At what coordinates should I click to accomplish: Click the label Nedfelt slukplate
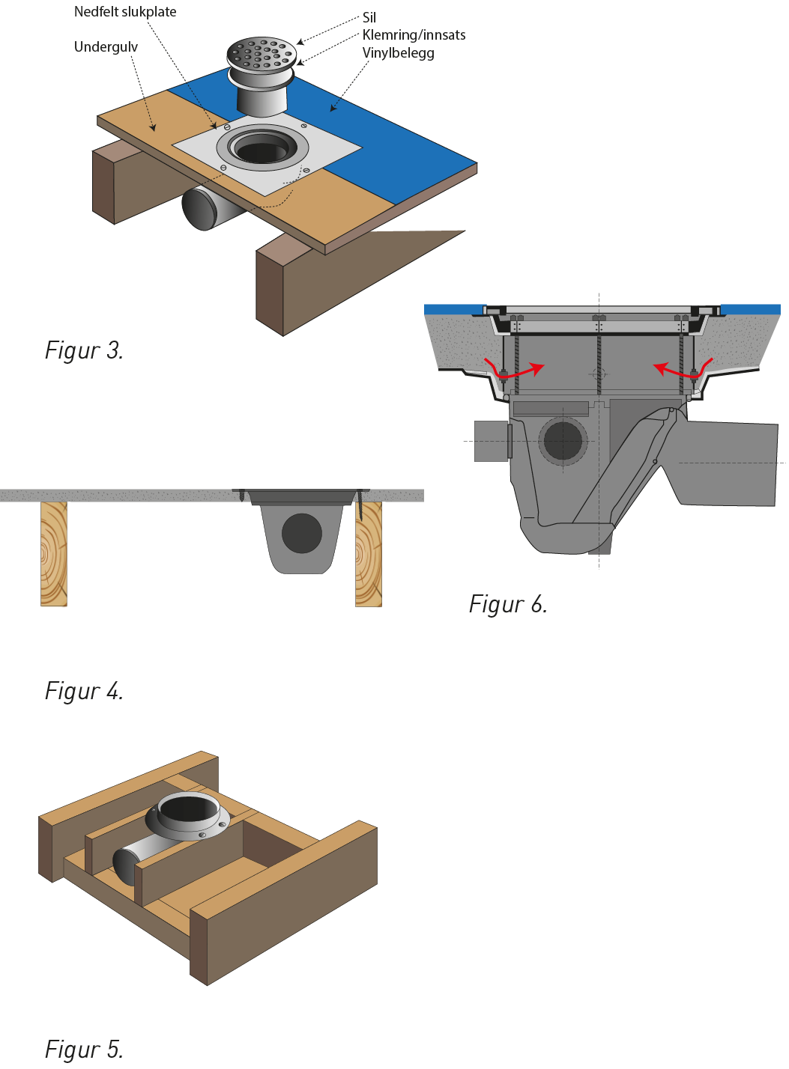click(125, 12)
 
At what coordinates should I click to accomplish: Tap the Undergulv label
click(106, 47)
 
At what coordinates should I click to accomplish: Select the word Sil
click(369, 18)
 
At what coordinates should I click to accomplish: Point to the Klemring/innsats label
click(414, 35)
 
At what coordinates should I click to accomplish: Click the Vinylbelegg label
click(399, 53)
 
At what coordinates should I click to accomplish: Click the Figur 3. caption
click(84, 350)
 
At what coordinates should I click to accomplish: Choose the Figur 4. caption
click(84, 690)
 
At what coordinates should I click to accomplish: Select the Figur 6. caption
click(508, 603)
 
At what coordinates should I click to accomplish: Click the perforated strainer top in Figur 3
click(262, 52)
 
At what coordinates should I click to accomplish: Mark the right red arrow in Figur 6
click(683, 369)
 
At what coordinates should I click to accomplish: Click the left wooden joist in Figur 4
click(54, 554)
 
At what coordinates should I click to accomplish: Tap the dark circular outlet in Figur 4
click(302, 534)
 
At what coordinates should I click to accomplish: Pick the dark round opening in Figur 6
click(563, 440)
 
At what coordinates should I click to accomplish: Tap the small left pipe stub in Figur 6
click(492, 442)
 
